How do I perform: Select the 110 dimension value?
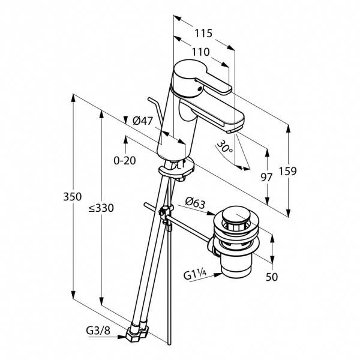[x=200, y=52]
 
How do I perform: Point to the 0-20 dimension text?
[x=125, y=160]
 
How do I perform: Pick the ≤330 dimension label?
[x=101, y=208]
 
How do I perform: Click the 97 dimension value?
[x=267, y=177]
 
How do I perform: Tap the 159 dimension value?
[x=288, y=170]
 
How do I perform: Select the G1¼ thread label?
[x=196, y=275]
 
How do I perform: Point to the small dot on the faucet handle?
[x=196, y=86]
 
